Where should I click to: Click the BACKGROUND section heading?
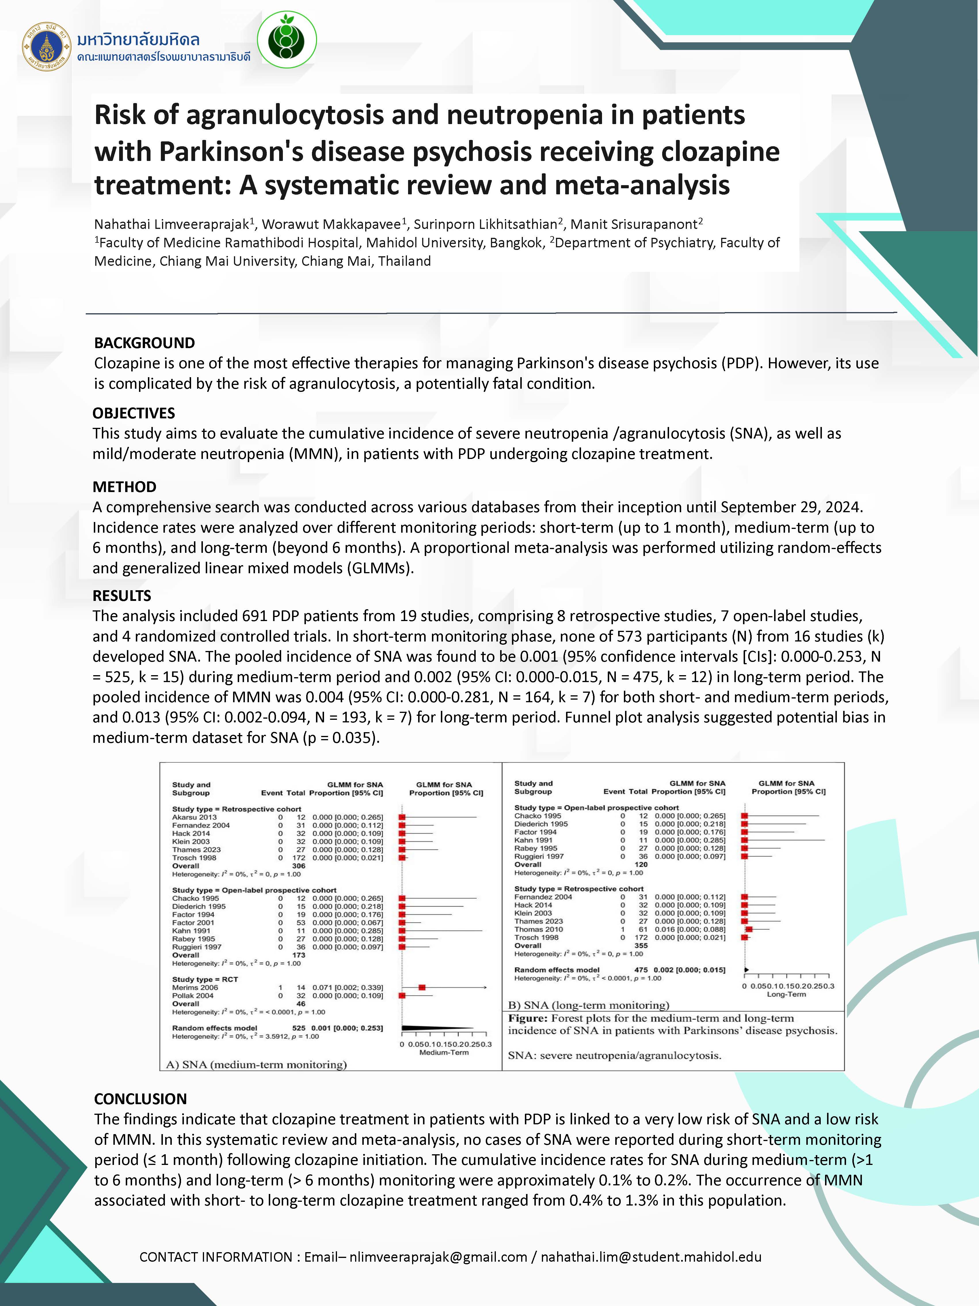pos(144,343)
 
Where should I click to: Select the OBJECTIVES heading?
pos(134,413)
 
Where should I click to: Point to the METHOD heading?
pos(125,487)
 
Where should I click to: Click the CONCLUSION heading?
pos(140,1099)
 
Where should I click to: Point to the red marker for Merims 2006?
pos(422,987)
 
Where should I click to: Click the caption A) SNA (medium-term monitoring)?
pos(256,1064)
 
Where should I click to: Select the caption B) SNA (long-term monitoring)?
pos(588,1005)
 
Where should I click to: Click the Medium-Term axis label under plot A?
pos(444,1052)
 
